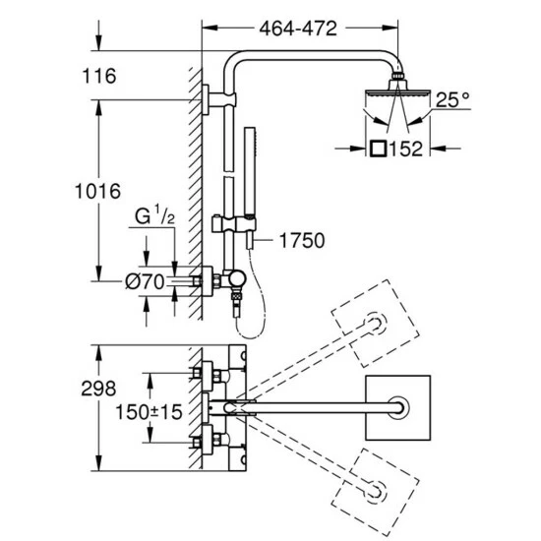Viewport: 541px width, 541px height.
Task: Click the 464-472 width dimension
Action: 298,29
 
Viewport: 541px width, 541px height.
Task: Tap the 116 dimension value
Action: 99,76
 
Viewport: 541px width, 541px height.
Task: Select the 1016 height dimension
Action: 98,191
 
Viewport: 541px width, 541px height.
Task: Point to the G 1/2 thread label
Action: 154,215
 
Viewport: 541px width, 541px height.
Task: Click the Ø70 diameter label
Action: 145,282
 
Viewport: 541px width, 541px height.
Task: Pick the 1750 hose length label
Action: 302,240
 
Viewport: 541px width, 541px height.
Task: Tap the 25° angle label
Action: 452,100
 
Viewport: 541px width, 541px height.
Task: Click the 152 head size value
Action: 405,150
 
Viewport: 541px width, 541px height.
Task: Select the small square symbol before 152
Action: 378,149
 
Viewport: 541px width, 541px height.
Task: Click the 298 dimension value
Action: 98,389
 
